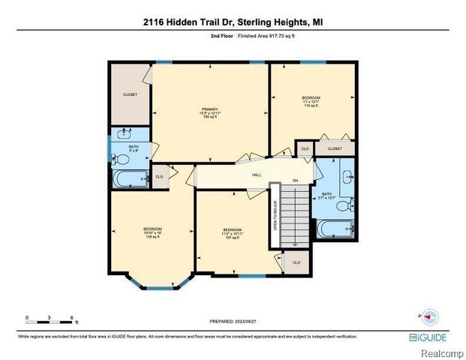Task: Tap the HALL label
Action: pos(257,175)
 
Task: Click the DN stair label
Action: pos(296,181)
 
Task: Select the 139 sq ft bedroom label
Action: pos(153,232)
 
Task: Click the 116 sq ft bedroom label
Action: pos(311,102)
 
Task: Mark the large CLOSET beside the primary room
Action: pos(131,95)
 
